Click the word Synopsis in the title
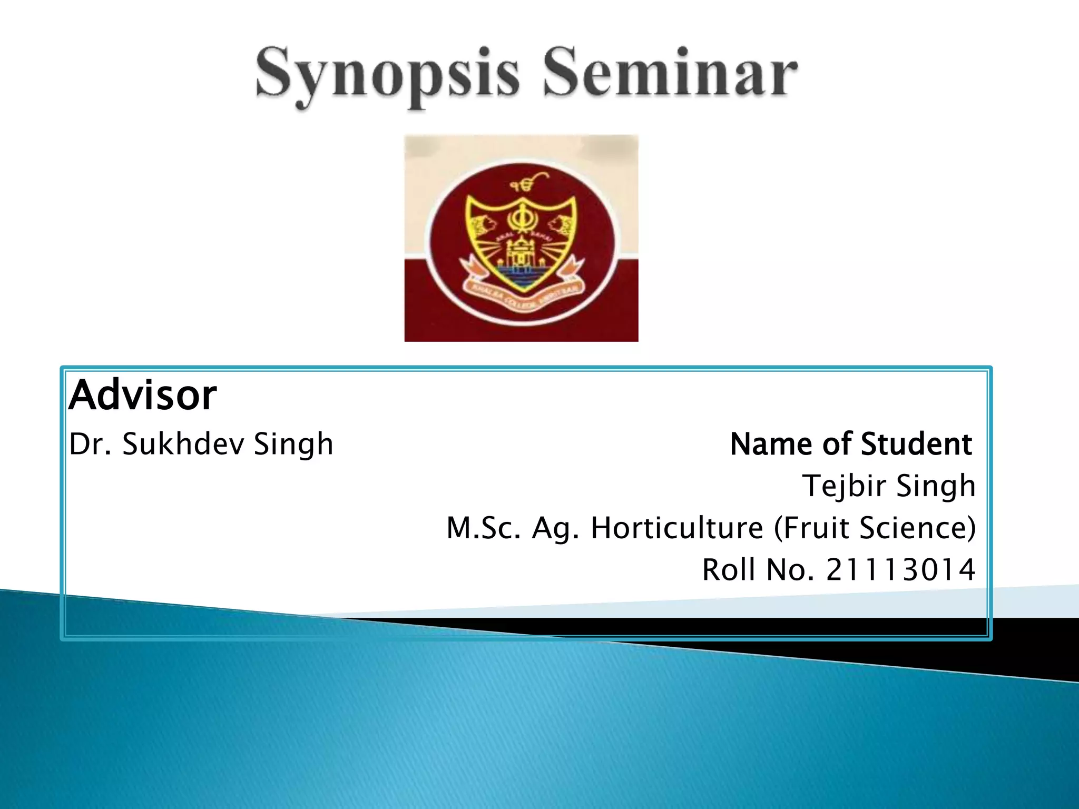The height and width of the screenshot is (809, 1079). tap(387, 76)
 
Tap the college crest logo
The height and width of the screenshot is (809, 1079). tap(521, 238)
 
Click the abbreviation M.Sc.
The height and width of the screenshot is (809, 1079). tap(484, 528)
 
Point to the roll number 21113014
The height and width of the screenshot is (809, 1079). tap(900, 570)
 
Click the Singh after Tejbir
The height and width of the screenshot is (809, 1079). tap(936, 486)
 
